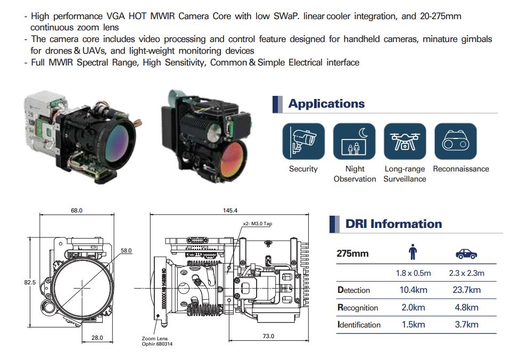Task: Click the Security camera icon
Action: (303, 142)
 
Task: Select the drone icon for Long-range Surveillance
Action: (405, 142)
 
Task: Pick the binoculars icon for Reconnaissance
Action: (456, 142)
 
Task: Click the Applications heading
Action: (326, 104)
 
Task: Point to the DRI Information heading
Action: (393, 224)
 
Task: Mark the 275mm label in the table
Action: (352, 253)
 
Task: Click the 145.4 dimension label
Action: (230, 210)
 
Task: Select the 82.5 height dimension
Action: (30, 282)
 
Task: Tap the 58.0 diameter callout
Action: (126, 250)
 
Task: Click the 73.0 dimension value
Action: (268, 336)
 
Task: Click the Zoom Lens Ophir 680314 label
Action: (157, 341)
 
